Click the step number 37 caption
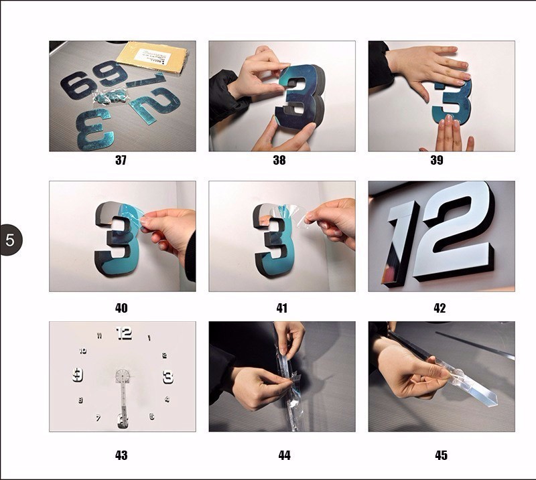121,160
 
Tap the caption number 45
441,455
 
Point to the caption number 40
121,308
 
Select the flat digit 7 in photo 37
144,81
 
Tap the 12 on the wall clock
124,333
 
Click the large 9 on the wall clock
78,374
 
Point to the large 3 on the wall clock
167,377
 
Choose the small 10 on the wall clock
82,350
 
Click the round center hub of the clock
122,376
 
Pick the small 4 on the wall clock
167,400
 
